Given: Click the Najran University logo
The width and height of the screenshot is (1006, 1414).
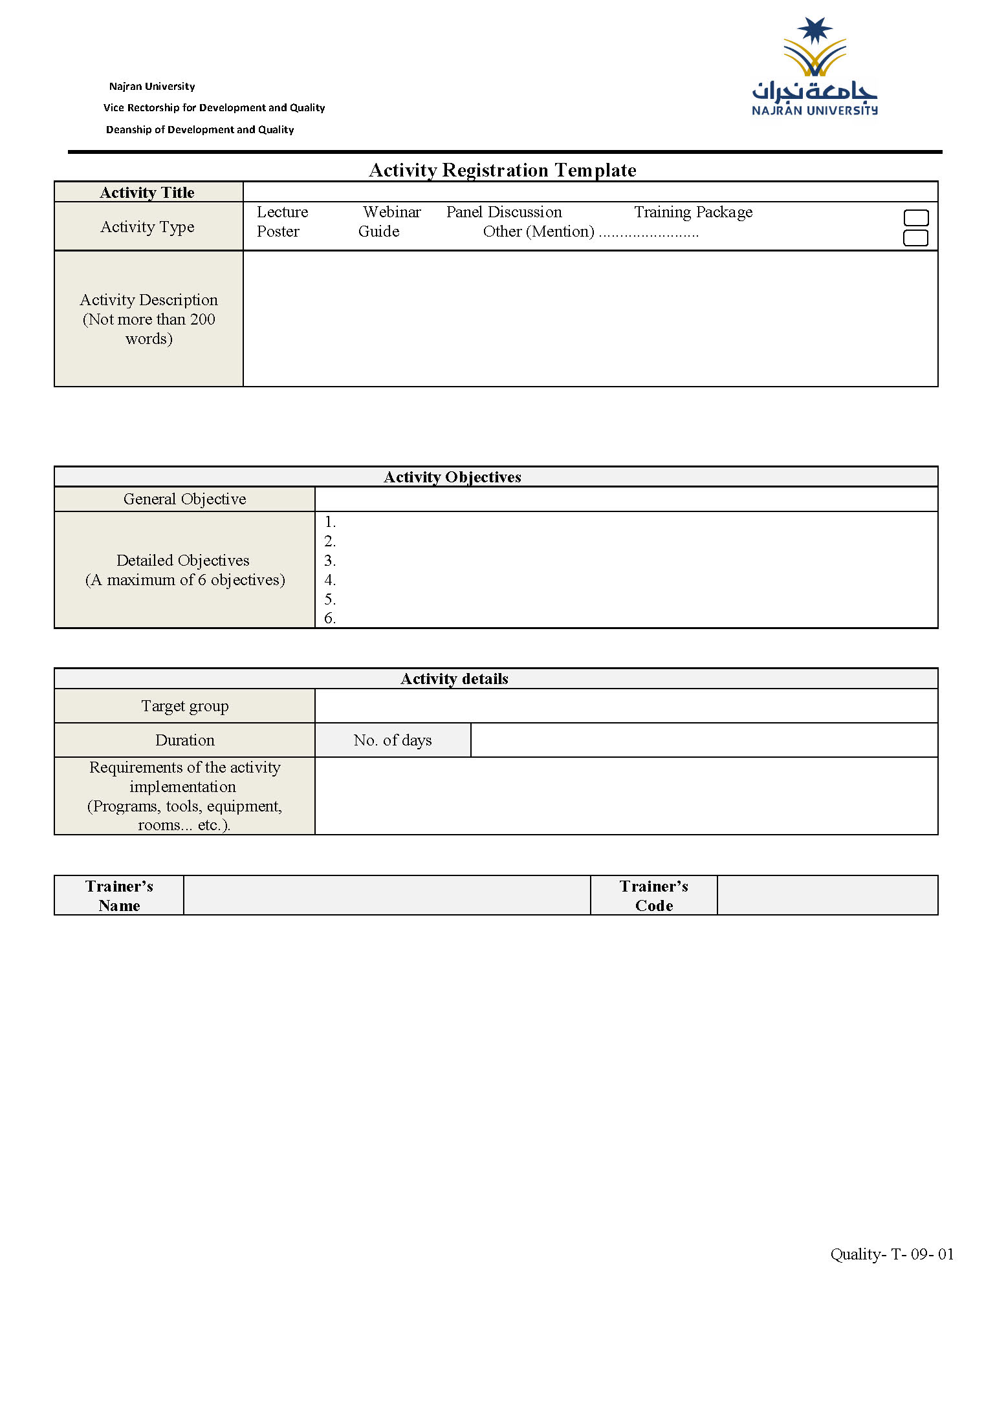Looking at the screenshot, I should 815,68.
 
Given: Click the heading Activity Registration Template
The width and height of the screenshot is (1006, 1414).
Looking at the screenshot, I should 502,170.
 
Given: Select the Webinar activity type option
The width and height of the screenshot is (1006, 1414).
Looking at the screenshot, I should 391,212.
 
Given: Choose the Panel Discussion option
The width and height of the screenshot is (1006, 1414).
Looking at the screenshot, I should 504,212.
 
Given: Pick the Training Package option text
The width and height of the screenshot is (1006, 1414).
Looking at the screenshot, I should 693,212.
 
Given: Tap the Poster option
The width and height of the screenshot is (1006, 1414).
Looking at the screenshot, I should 278,231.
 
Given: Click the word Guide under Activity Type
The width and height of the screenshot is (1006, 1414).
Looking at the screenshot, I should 378,231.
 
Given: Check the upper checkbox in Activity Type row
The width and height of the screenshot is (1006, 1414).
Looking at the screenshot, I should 915,218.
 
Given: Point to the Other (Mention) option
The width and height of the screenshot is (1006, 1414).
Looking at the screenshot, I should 538,231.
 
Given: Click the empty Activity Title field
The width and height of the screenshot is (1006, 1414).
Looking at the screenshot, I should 590,192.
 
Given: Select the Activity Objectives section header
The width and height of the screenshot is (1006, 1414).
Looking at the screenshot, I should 453,477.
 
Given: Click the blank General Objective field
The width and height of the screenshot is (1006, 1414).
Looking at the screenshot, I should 626,499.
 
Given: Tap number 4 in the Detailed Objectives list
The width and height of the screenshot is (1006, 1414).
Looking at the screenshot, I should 330,580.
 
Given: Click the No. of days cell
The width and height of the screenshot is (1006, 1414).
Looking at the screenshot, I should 393,740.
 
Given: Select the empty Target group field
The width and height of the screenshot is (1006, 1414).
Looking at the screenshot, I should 626,706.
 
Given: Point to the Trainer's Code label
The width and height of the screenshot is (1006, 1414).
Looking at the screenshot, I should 653,895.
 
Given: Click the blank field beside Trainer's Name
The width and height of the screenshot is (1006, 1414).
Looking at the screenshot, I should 387,895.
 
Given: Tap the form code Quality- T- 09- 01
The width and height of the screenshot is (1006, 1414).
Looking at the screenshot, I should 891,1254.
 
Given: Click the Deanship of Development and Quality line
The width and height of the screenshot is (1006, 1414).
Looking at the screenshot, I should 200,130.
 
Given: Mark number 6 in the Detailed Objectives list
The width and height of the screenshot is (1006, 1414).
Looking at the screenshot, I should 330,619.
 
